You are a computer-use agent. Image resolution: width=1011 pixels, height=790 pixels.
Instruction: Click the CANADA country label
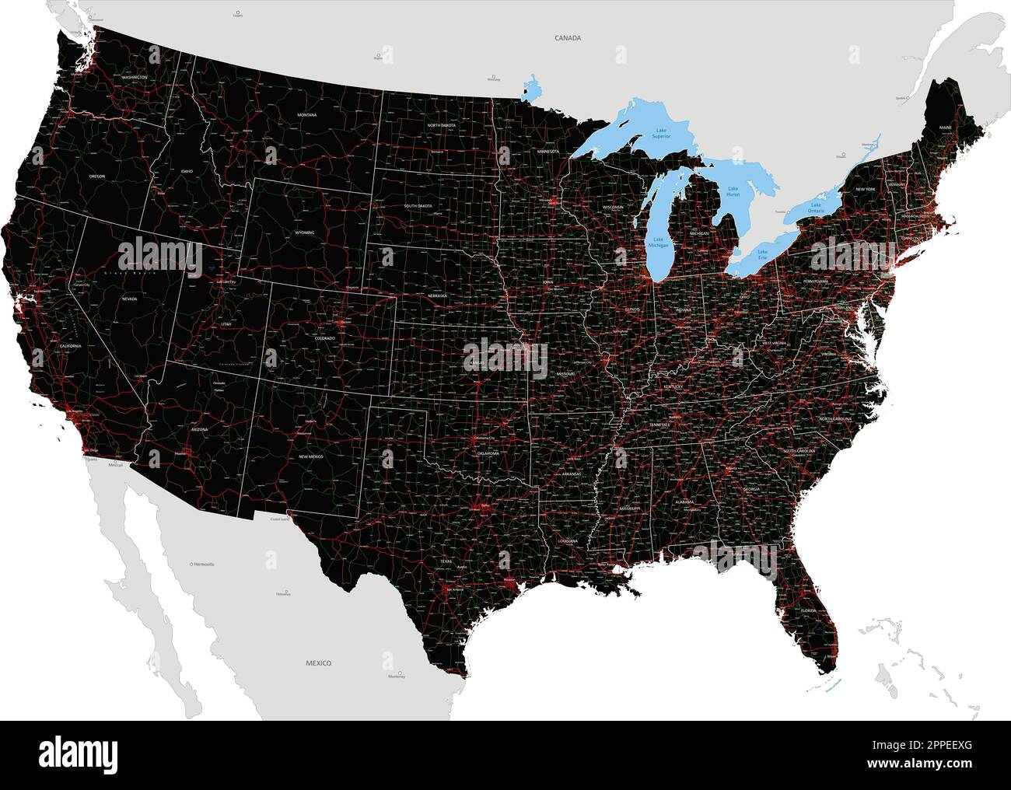[x=568, y=37]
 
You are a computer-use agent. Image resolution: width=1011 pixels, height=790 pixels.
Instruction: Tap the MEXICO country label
[x=317, y=663]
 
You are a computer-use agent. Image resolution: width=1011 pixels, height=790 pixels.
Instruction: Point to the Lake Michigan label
[x=659, y=243]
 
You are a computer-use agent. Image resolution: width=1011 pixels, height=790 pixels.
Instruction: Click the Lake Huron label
[x=733, y=191]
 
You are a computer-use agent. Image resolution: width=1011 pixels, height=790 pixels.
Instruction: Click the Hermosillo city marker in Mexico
[x=192, y=563]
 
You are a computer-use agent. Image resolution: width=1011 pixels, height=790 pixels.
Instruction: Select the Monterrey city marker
[x=401, y=673]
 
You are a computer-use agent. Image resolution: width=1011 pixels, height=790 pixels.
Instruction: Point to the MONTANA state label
[x=306, y=115]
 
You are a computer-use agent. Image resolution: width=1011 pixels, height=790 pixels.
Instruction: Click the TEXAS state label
[x=446, y=561]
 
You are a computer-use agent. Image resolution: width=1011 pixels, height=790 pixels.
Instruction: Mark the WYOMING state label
[x=305, y=232]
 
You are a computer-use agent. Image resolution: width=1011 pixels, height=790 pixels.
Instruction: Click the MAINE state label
[x=945, y=127]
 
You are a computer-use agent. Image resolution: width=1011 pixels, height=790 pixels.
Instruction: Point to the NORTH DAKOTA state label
[x=440, y=124]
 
